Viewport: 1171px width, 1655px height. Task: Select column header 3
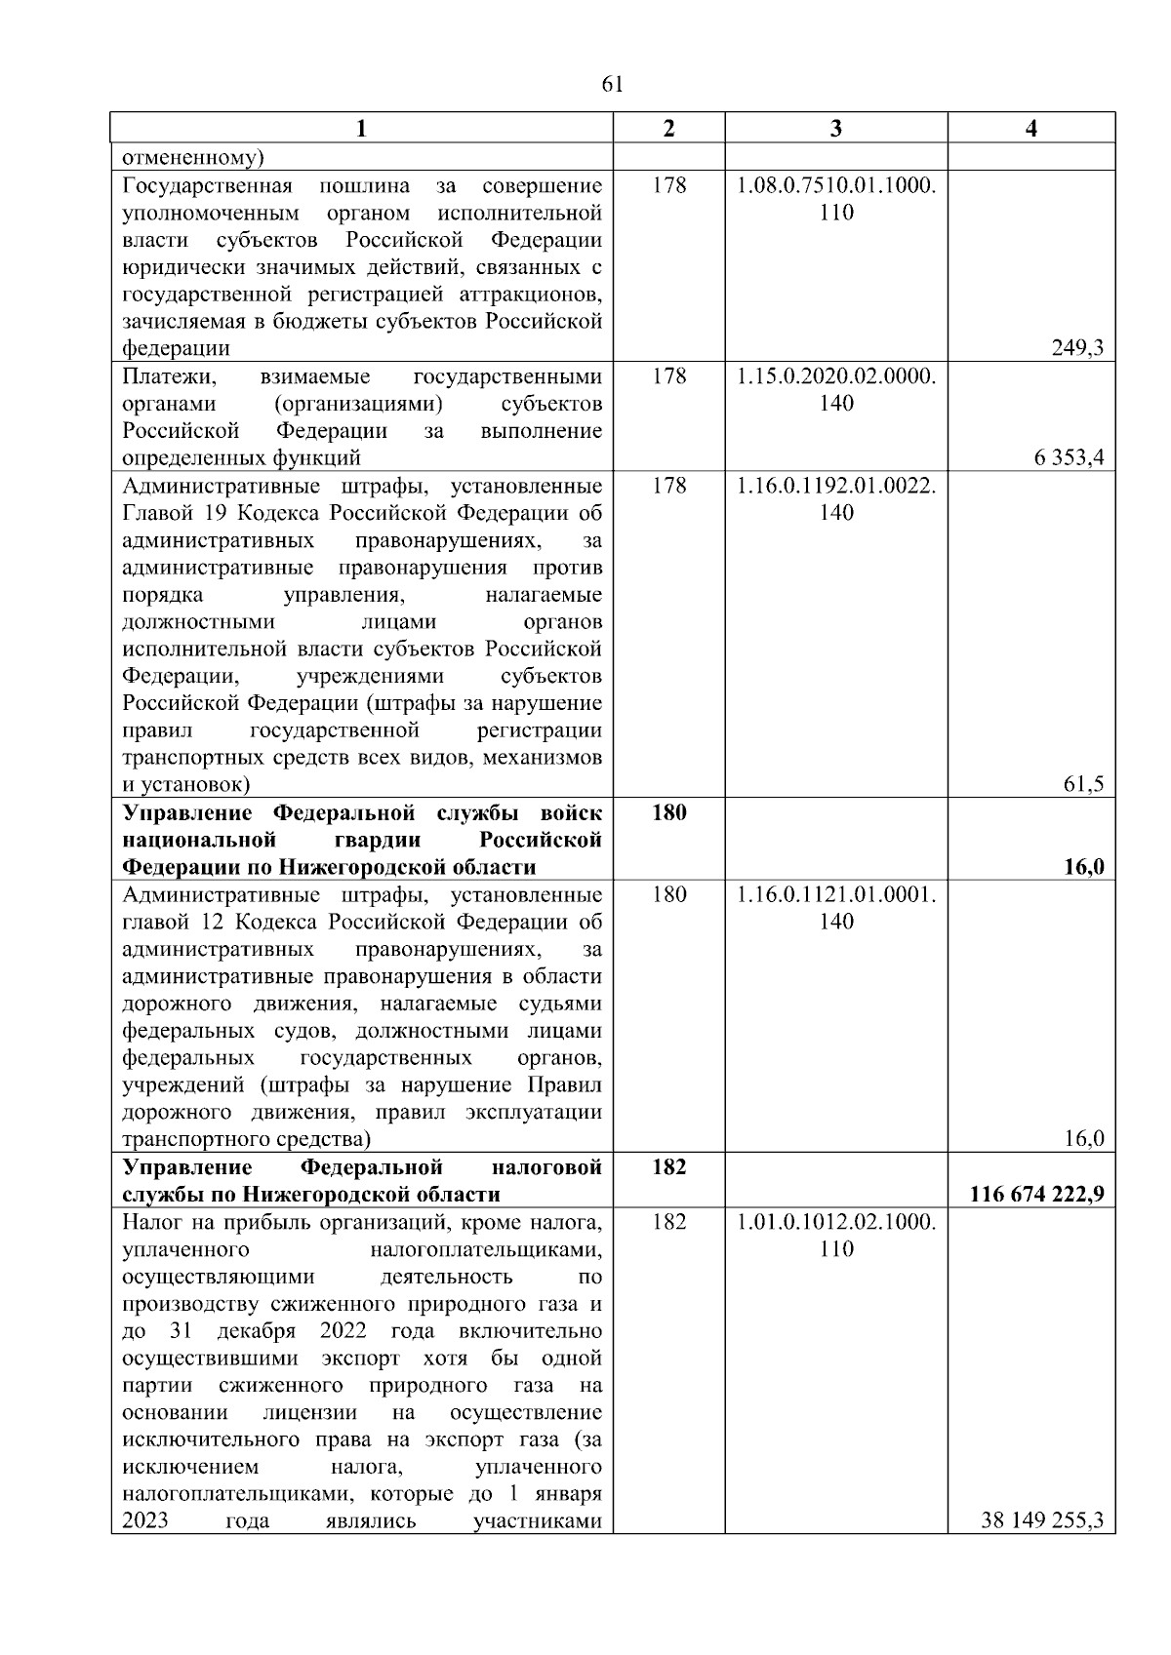tap(835, 128)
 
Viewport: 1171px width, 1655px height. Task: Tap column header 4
tap(1031, 128)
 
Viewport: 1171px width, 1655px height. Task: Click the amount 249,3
tap(1077, 348)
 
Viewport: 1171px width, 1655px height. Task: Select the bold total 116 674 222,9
tap(1037, 1194)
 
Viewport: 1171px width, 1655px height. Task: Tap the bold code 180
tap(668, 812)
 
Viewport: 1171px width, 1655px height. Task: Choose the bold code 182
tap(668, 1167)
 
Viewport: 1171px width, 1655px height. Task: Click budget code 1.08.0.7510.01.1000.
tap(836, 185)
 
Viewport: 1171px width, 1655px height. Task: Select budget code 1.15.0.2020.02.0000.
tap(836, 376)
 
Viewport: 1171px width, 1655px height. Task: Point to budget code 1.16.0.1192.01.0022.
tap(836, 486)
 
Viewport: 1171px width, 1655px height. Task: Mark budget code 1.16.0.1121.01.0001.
tap(836, 894)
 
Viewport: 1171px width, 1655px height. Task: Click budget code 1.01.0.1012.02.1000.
tap(836, 1222)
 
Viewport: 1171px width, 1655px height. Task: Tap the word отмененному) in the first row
tap(193, 157)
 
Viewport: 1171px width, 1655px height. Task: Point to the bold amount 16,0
tap(1084, 867)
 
